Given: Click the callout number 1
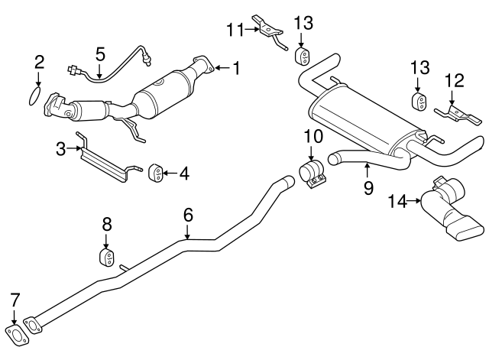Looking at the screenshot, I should [x=236, y=69].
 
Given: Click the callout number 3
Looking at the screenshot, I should [x=61, y=151].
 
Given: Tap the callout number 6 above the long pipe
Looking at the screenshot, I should [x=188, y=216].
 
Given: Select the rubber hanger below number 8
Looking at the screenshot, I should [x=107, y=255].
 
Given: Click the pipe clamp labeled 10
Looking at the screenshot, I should [x=313, y=175].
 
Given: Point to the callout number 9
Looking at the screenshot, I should [x=368, y=186].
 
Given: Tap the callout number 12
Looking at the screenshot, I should [x=455, y=79].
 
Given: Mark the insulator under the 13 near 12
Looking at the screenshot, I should [x=419, y=102].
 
